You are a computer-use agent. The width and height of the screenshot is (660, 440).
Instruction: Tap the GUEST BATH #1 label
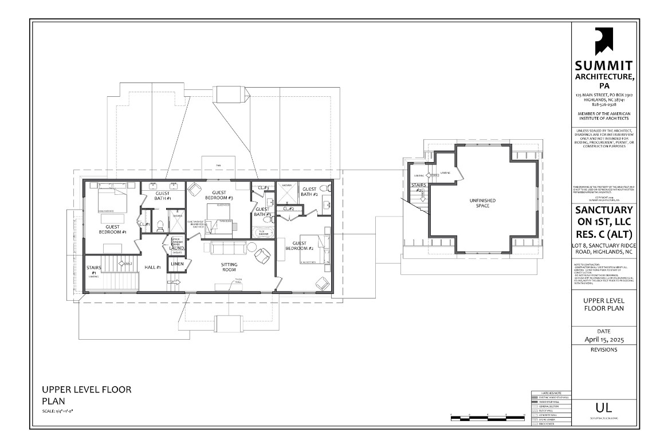(163, 195)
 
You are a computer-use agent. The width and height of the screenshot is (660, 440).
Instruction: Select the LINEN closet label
(177, 264)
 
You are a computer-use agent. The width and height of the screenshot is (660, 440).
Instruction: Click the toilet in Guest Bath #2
(323, 188)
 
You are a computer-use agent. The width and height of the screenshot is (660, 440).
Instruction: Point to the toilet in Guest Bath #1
(161, 225)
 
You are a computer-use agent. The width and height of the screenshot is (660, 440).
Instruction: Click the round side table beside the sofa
(253, 246)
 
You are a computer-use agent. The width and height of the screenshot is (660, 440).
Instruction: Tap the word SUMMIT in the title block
(603, 65)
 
